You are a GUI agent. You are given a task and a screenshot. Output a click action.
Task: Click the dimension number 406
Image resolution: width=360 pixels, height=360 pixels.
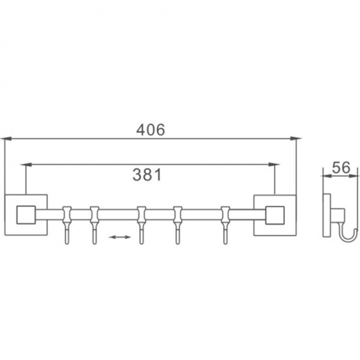149,129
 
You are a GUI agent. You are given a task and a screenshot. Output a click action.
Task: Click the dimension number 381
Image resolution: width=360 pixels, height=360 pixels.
147,175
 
